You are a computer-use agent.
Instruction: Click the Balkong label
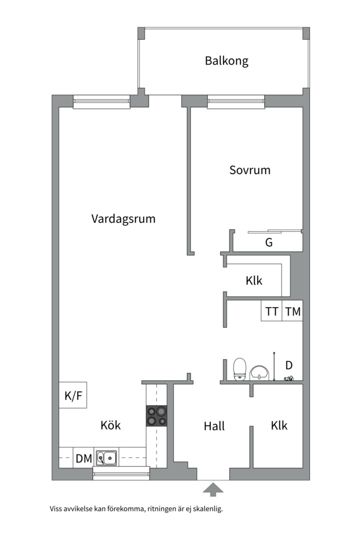click(x=226, y=61)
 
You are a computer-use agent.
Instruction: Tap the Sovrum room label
click(x=249, y=170)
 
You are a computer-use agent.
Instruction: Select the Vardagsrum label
click(x=123, y=218)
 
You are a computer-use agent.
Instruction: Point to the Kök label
click(x=110, y=425)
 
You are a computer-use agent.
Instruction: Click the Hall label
click(x=214, y=426)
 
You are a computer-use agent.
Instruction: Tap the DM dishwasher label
click(x=83, y=458)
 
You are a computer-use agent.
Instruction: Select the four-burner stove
click(x=156, y=415)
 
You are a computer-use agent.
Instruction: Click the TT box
click(x=271, y=311)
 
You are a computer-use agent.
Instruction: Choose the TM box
click(x=292, y=311)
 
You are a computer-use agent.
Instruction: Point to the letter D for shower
click(x=288, y=365)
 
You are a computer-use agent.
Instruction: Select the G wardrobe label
click(x=268, y=243)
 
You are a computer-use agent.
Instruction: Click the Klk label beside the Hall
click(x=279, y=425)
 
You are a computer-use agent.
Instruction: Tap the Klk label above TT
click(x=253, y=280)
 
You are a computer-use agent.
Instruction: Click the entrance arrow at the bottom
click(x=213, y=489)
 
